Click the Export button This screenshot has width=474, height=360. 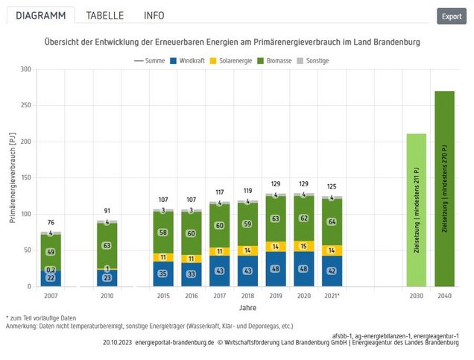click(452, 16)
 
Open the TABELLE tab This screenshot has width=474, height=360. click(104, 16)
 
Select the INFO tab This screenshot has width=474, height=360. click(154, 16)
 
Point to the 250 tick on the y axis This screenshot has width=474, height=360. click(25, 106)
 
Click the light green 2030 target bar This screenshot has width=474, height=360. click(416, 210)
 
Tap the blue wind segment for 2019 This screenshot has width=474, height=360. click(275, 269)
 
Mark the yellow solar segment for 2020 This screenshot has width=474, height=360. click(303, 246)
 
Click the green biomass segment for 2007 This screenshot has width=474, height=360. click(51, 252)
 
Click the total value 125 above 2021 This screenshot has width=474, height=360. click(331, 186)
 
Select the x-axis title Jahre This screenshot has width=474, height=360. click(247, 306)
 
